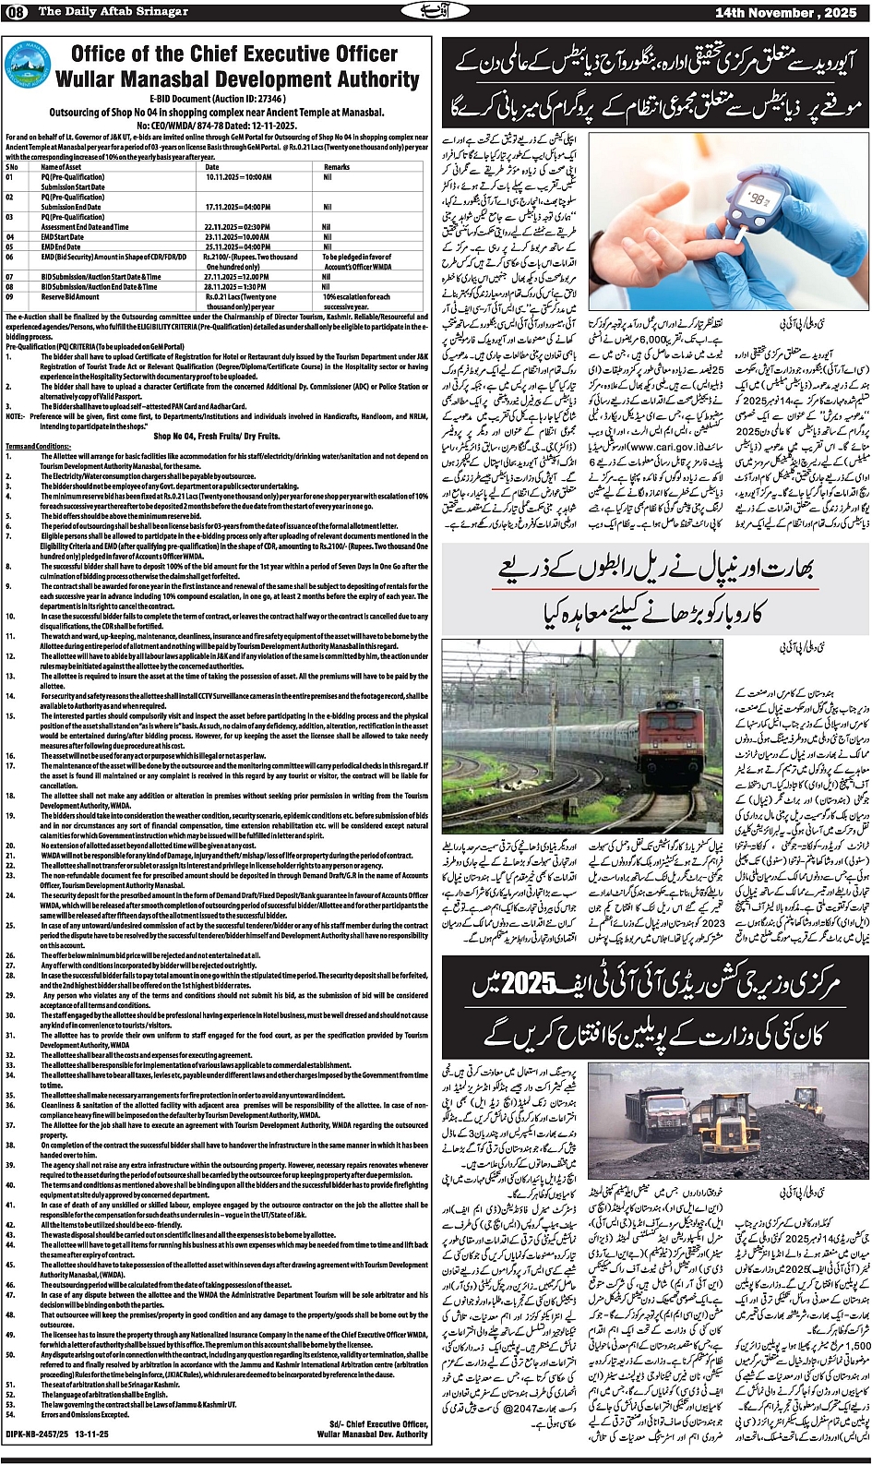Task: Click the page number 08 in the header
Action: [x=18, y=11]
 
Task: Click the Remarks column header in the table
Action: [x=337, y=167]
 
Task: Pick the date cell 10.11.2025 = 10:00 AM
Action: [x=238, y=176]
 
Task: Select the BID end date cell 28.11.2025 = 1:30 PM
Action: [x=237, y=286]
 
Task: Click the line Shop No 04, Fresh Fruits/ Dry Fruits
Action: [x=216, y=437]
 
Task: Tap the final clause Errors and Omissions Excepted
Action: [x=85, y=1414]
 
